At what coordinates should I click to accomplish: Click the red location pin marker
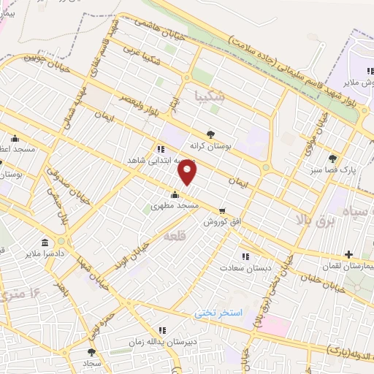(188, 172)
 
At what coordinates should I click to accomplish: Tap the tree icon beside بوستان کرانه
(211, 134)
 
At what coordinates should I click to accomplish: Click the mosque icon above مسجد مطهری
(174, 195)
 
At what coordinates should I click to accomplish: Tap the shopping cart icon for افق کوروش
(222, 210)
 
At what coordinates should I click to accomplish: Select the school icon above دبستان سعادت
(245, 256)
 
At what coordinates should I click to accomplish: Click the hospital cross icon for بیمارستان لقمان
(348, 255)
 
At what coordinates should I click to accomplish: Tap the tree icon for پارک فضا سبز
(333, 158)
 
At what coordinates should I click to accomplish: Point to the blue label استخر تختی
(217, 313)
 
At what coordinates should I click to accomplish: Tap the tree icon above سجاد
(91, 352)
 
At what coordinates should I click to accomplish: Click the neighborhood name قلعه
(176, 236)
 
